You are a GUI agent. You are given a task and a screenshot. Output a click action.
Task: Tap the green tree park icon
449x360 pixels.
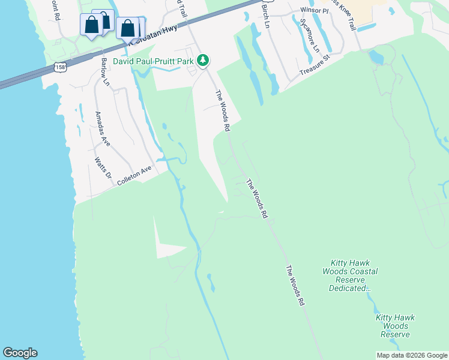pyautogui.click(x=203, y=60)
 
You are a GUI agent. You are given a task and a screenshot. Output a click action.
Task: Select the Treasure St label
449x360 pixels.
pyautogui.click(x=316, y=67)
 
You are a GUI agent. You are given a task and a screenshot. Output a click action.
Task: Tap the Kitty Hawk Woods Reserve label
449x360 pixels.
pyautogui.click(x=395, y=326)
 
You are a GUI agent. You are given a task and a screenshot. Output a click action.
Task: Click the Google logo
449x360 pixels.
pyautogui.click(x=20, y=353)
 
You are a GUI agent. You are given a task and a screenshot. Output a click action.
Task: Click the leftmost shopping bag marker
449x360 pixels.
pyautogui.click(x=91, y=26)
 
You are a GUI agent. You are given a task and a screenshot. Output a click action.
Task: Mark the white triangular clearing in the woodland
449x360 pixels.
pyautogui.click(x=165, y=243)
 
